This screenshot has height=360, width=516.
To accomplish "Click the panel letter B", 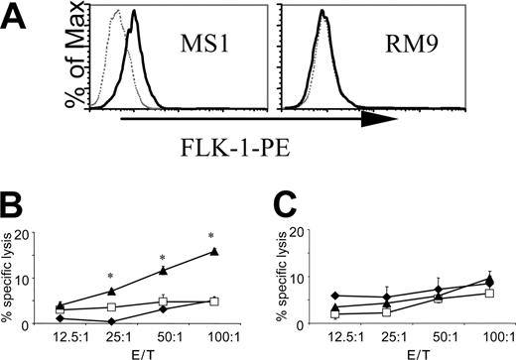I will (x=17, y=204).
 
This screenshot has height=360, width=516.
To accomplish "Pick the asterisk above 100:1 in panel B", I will (x=211, y=236).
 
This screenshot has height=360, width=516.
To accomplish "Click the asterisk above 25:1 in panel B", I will (x=111, y=275).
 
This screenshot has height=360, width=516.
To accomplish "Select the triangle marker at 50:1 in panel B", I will (x=163, y=270).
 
